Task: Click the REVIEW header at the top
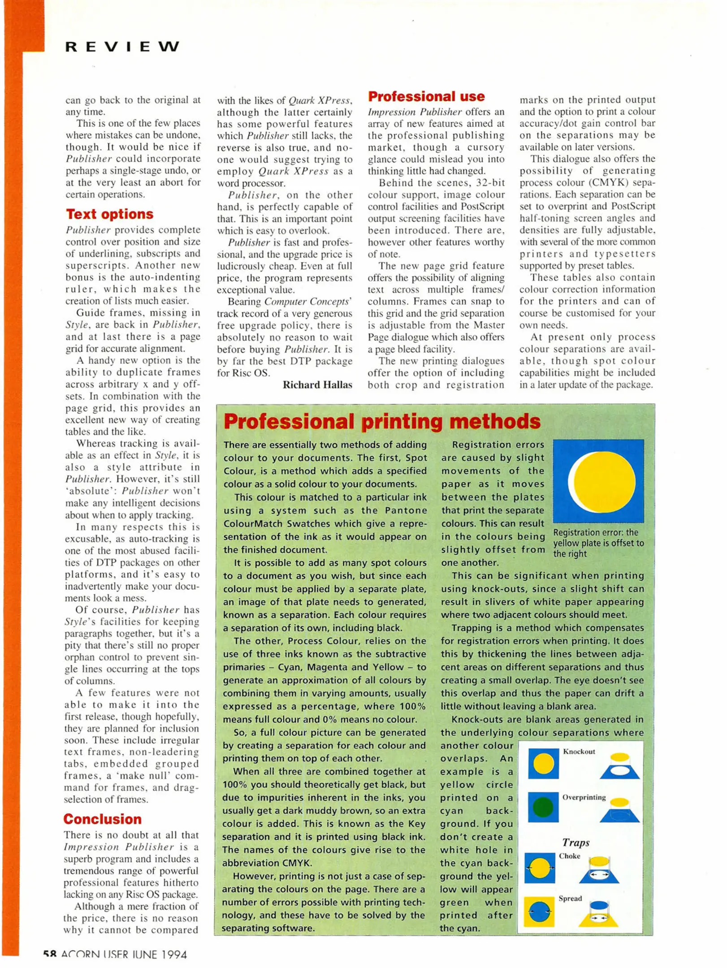[122, 47]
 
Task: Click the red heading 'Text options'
[110, 214]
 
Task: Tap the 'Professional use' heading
[426, 96]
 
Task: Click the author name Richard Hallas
[317, 385]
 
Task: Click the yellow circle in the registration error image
[604, 481]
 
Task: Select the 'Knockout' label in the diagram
[579, 752]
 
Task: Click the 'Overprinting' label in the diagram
[584, 797]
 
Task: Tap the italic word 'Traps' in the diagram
[576, 843]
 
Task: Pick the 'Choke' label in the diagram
[569, 856]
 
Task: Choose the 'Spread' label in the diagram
[570, 899]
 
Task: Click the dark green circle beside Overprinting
[543, 807]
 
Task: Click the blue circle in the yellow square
[539, 912]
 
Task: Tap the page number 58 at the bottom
[50, 955]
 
